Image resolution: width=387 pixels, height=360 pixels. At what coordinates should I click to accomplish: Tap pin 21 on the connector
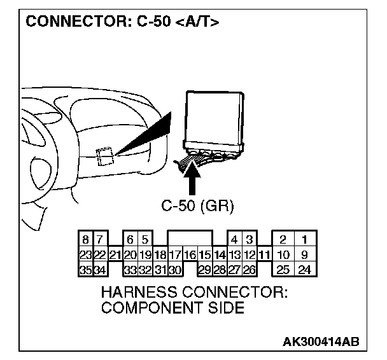[x=115, y=255]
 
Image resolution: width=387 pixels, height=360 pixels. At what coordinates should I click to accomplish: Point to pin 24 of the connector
[x=304, y=270]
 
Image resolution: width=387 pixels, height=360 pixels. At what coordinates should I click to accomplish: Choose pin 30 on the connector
[x=175, y=270]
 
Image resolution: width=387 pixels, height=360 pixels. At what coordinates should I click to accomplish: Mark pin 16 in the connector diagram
[x=190, y=255]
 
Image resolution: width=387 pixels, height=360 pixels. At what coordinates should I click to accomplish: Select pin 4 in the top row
[x=234, y=240]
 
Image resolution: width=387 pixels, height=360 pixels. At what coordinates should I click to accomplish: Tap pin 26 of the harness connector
[x=249, y=270]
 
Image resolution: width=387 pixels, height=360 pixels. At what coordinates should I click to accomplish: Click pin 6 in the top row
[x=130, y=240]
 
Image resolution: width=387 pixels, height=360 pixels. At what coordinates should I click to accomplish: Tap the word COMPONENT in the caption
[x=141, y=308]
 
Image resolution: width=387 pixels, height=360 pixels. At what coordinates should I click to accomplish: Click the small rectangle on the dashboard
[x=104, y=156]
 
